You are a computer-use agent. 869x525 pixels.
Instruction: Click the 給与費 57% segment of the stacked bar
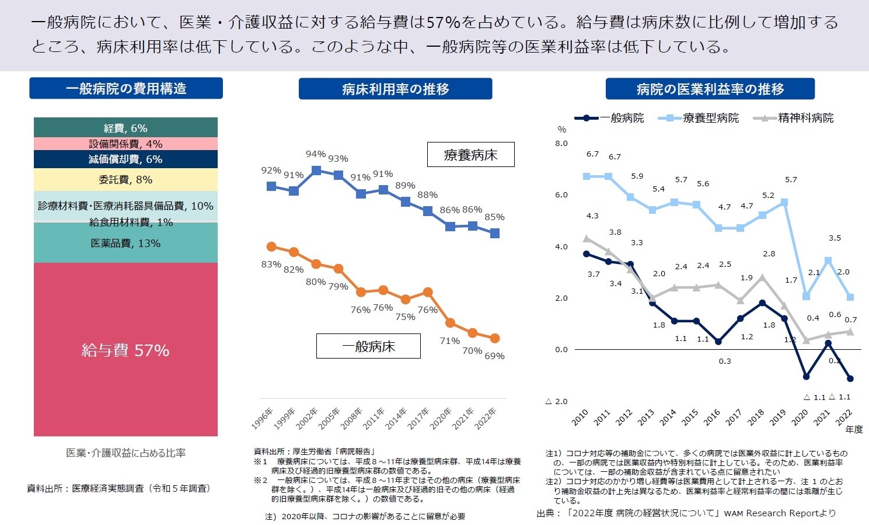click(x=125, y=350)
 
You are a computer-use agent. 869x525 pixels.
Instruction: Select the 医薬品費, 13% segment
click(x=125, y=244)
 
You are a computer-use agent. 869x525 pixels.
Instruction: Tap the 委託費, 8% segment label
click(x=125, y=180)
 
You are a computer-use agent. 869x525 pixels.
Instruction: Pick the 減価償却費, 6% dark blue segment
click(x=125, y=159)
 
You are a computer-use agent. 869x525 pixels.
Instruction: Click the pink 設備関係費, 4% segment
click(x=125, y=144)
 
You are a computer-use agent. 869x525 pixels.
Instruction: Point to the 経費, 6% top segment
click(x=125, y=128)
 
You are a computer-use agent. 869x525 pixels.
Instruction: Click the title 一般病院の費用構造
click(x=126, y=89)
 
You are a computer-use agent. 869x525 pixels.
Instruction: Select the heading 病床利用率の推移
click(x=395, y=89)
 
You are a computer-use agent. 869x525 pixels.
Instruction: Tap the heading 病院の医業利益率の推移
click(x=710, y=89)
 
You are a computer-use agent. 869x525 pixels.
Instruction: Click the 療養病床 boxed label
click(x=470, y=155)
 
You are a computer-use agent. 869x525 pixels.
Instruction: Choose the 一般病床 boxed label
click(x=368, y=346)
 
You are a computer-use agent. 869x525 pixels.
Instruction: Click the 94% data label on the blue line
click(x=316, y=154)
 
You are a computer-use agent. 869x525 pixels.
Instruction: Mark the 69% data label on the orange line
click(x=494, y=356)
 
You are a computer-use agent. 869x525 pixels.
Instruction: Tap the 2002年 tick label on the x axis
click(x=307, y=419)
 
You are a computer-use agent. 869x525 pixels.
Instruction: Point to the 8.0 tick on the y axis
click(x=561, y=143)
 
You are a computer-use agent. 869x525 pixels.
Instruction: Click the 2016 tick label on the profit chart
click(x=711, y=417)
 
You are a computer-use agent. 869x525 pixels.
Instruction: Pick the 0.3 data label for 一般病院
click(x=725, y=361)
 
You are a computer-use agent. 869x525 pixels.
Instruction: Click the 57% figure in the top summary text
click(x=444, y=23)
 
